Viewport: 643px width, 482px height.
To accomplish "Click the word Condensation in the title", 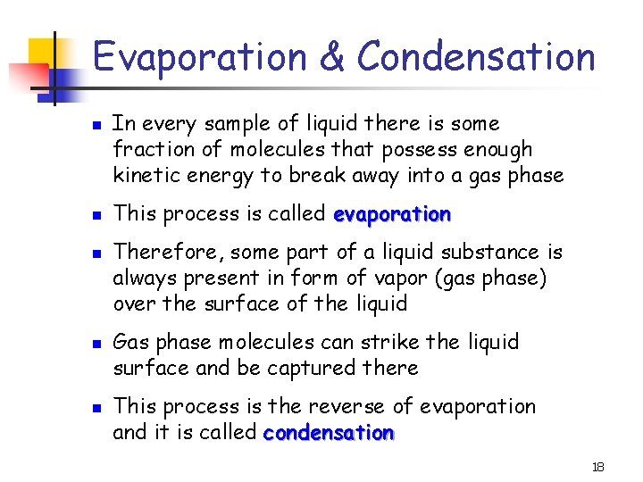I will pos(476,55).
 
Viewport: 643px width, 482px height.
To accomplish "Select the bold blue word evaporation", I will pos(391,214).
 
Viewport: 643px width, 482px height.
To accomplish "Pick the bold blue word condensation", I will pos(329,433).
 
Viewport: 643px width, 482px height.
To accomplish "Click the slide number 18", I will pos(598,468).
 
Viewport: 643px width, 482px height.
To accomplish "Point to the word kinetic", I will pos(145,175).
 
